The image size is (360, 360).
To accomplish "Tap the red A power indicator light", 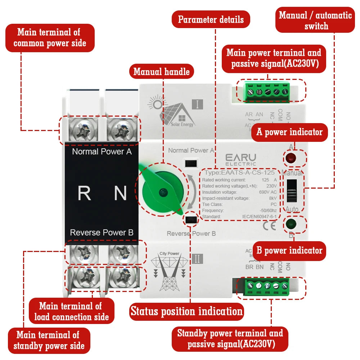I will [290, 158].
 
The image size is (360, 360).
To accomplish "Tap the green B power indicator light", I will [290, 224].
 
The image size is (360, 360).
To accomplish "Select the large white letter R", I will [84, 193].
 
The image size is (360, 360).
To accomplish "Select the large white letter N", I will [120, 193].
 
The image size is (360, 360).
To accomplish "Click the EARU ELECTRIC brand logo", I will [240, 159].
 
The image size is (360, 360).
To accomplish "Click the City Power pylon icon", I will [170, 272].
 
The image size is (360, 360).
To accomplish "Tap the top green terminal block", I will [267, 91].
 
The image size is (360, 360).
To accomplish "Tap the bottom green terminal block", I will [267, 287].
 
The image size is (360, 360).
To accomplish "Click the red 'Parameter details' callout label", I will [211, 19].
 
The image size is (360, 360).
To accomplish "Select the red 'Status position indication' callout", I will [186, 311].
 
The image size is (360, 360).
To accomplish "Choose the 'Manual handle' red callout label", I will [161, 72].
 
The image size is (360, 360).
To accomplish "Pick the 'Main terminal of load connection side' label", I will [71, 311].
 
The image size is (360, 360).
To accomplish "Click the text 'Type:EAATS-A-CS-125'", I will [239, 172].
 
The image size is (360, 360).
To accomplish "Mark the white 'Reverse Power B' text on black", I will [102, 233].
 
